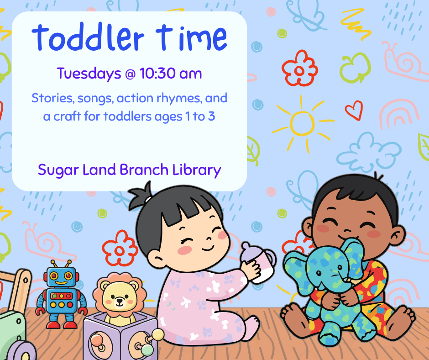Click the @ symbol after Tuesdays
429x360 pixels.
click(x=129, y=74)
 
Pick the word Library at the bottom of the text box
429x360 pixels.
click(x=197, y=170)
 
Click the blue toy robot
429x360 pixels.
click(x=61, y=293)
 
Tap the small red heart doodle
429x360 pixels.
click(x=353, y=110)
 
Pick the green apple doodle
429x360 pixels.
click(x=355, y=67)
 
